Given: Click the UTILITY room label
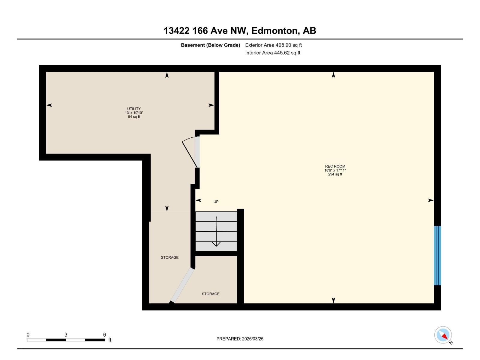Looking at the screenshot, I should pos(134,109).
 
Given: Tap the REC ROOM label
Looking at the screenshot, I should pos(335,166).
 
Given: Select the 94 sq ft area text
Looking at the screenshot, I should pos(134,117).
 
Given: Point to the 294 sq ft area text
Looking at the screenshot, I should pos(335,174).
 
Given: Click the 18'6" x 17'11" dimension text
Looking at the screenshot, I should pos(335,170).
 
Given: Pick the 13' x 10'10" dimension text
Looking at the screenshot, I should pos(134,113).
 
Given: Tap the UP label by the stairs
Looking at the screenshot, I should pos(216,202).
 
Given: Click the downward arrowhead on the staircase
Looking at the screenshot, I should pos(216,244).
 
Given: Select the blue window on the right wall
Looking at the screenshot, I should pos(438,256).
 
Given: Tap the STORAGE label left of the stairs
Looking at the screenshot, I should pos(169,257).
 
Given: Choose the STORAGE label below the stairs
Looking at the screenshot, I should pos(211,294).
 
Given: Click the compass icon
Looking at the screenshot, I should pos(443,335).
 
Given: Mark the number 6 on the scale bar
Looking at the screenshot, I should pos(104,334).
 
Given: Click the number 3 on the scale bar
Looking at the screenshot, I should pos(66,334).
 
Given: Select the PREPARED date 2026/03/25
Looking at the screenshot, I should pos(253,339).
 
